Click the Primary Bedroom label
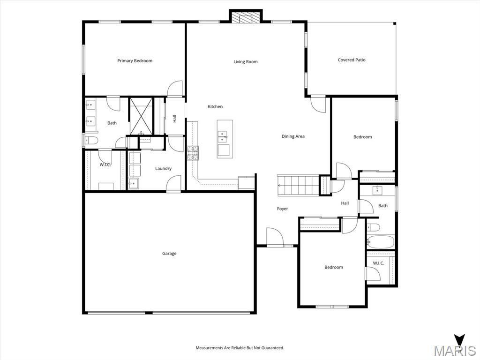click(x=135, y=60)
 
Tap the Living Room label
click(x=246, y=61)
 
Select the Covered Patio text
click(x=352, y=60)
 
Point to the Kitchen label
click(x=215, y=106)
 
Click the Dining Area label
click(x=293, y=136)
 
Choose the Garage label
click(x=169, y=254)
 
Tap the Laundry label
click(x=163, y=168)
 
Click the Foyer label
click(x=283, y=209)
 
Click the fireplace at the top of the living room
click(x=246, y=17)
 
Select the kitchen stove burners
click(x=193, y=153)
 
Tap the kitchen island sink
click(x=222, y=137)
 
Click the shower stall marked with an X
click(x=141, y=116)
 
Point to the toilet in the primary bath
click(x=91, y=141)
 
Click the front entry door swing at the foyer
click(x=275, y=237)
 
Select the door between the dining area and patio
click(x=318, y=105)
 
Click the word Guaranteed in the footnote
click(x=273, y=348)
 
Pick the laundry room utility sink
click(x=133, y=184)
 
